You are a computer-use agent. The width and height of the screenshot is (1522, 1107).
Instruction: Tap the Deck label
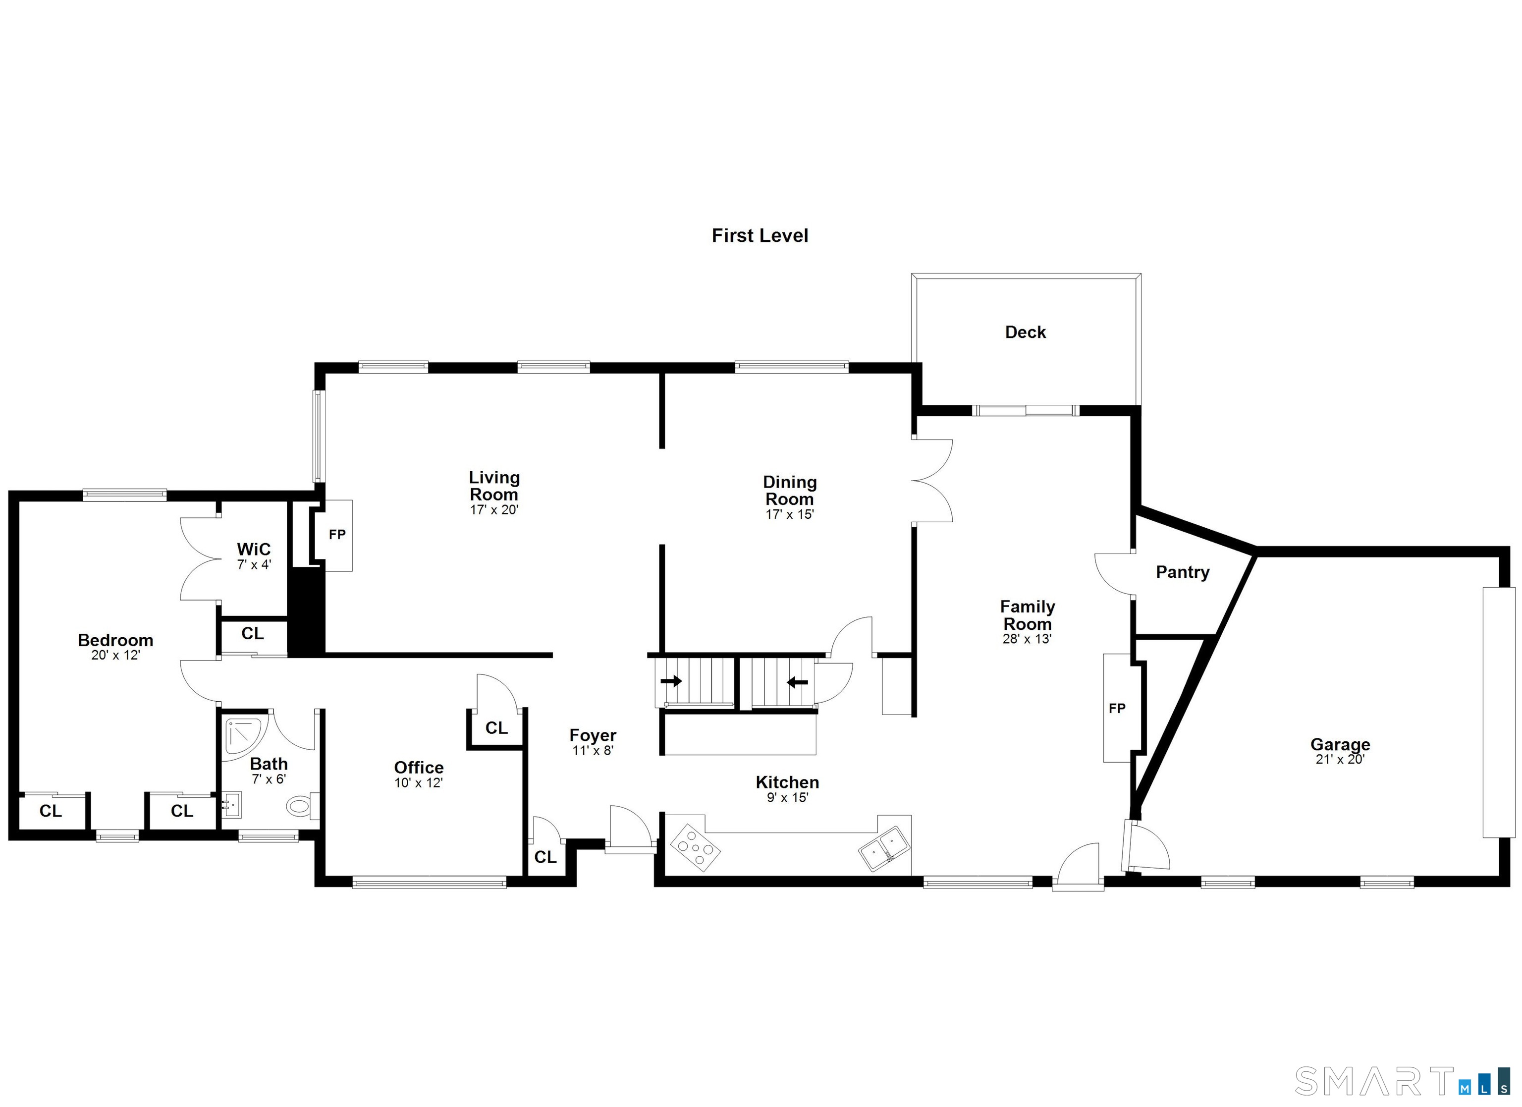pos(1026,332)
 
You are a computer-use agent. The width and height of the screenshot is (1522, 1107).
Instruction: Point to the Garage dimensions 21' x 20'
pos(1340,759)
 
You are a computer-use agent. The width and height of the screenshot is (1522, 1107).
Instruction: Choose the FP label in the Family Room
pos(1117,708)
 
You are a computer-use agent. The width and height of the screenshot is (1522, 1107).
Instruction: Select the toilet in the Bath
pos(302,805)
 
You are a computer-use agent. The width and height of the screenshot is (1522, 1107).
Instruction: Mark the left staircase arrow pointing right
pos(671,681)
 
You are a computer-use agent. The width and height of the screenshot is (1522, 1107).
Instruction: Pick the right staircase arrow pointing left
pos(797,683)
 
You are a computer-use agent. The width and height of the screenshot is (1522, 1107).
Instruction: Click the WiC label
pos(254,549)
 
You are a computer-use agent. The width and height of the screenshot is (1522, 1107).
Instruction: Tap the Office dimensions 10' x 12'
pos(418,783)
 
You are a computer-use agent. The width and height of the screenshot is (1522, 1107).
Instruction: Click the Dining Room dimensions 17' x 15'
pos(789,515)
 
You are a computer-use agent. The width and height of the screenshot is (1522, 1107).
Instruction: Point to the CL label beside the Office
pos(496,728)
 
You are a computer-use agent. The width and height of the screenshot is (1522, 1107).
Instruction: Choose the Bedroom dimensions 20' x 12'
pos(115,655)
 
